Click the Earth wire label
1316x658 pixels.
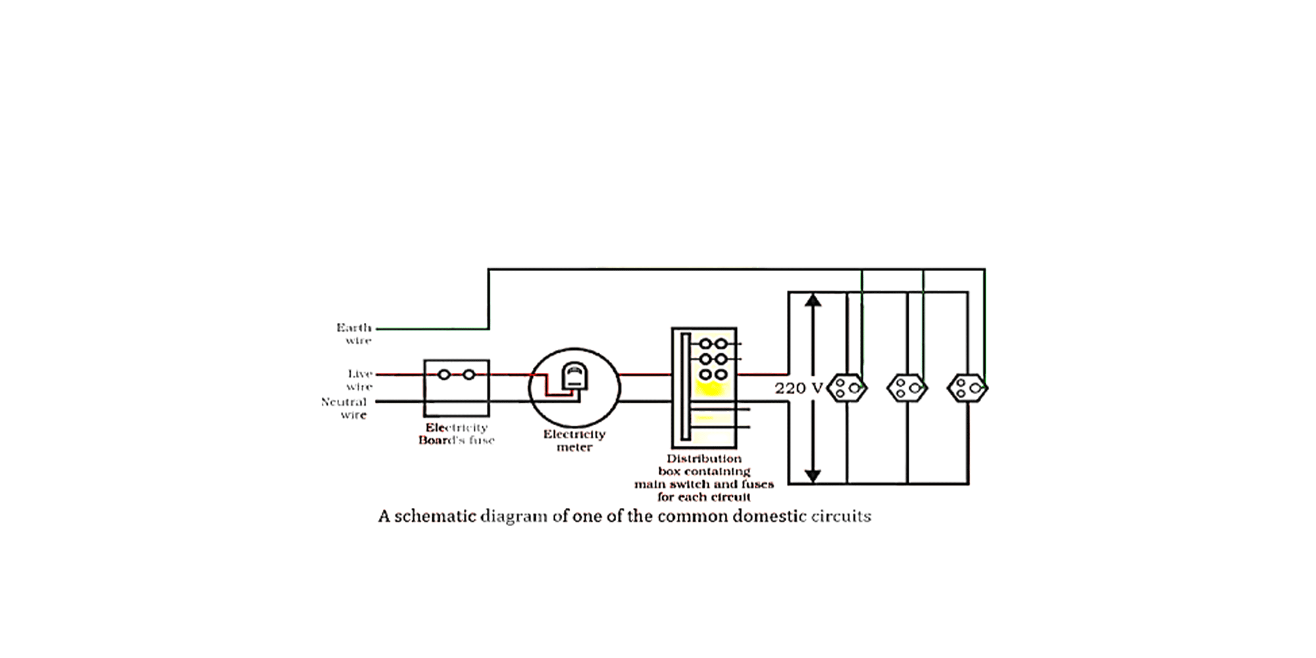click(355, 334)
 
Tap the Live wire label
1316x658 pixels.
click(360, 380)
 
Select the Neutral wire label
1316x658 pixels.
click(344, 408)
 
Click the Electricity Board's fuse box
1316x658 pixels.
click(456, 388)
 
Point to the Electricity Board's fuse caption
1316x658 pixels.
click(456, 434)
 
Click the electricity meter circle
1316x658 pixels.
click(574, 388)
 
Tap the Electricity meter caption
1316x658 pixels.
click(574, 440)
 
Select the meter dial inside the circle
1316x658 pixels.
click(574, 377)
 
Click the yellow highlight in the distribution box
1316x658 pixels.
click(709, 388)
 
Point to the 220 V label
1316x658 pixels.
click(798, 388)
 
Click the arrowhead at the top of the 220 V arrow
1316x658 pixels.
click(813, 301)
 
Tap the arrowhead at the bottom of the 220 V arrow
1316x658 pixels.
click(813, 475)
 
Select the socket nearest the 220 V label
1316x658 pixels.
click(847, 388)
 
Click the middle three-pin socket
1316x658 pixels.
click(907, 388)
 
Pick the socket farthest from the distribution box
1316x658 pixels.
click(967, 388)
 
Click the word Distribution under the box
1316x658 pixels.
click(704, 459)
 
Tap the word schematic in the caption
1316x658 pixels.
click(434, 516)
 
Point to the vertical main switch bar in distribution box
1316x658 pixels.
click(685, 386)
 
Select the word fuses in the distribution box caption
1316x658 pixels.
click(757, 484)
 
